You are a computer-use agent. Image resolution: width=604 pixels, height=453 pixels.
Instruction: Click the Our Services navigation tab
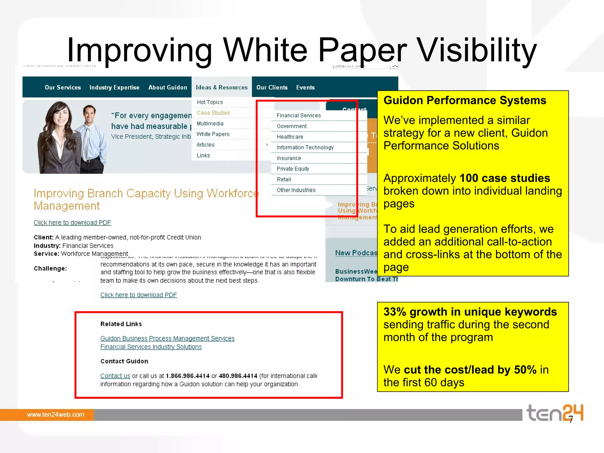(x=63, y=87)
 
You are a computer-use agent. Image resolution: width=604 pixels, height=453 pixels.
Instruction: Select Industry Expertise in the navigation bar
(x=114, y=87)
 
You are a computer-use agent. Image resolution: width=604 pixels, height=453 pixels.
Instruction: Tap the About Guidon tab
(x=168, y=87)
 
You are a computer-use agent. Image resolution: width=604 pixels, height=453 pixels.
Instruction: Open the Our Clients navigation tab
(x=272, y=87)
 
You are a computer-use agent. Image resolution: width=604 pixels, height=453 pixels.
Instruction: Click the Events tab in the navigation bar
(x=305, y=87)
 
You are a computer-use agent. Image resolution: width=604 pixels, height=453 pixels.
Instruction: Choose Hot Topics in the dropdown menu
(x=210, y=102)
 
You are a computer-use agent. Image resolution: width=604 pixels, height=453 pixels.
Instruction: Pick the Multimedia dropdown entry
(x=210, y=124)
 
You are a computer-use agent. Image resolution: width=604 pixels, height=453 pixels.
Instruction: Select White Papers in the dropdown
(x=213, y=134)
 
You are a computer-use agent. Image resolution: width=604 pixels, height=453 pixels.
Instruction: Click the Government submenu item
(x=292, y=126)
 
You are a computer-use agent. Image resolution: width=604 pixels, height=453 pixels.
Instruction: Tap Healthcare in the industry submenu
(x=290, y=137)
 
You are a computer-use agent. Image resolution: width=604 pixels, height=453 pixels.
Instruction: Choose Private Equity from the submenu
(x=293, y=169)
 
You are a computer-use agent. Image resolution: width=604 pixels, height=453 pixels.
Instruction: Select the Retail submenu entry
(x=284, y=179)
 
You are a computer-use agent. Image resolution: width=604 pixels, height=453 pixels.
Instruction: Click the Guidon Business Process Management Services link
(x=167, y=338)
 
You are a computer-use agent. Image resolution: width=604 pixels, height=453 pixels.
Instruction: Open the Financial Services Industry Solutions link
(x=151, y=347)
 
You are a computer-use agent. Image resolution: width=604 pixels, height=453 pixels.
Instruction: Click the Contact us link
(x=115, y=376)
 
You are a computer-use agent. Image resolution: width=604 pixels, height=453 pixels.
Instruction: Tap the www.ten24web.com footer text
(x=55, y=415)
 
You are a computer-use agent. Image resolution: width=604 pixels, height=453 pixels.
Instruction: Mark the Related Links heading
(x=121, y=324)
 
